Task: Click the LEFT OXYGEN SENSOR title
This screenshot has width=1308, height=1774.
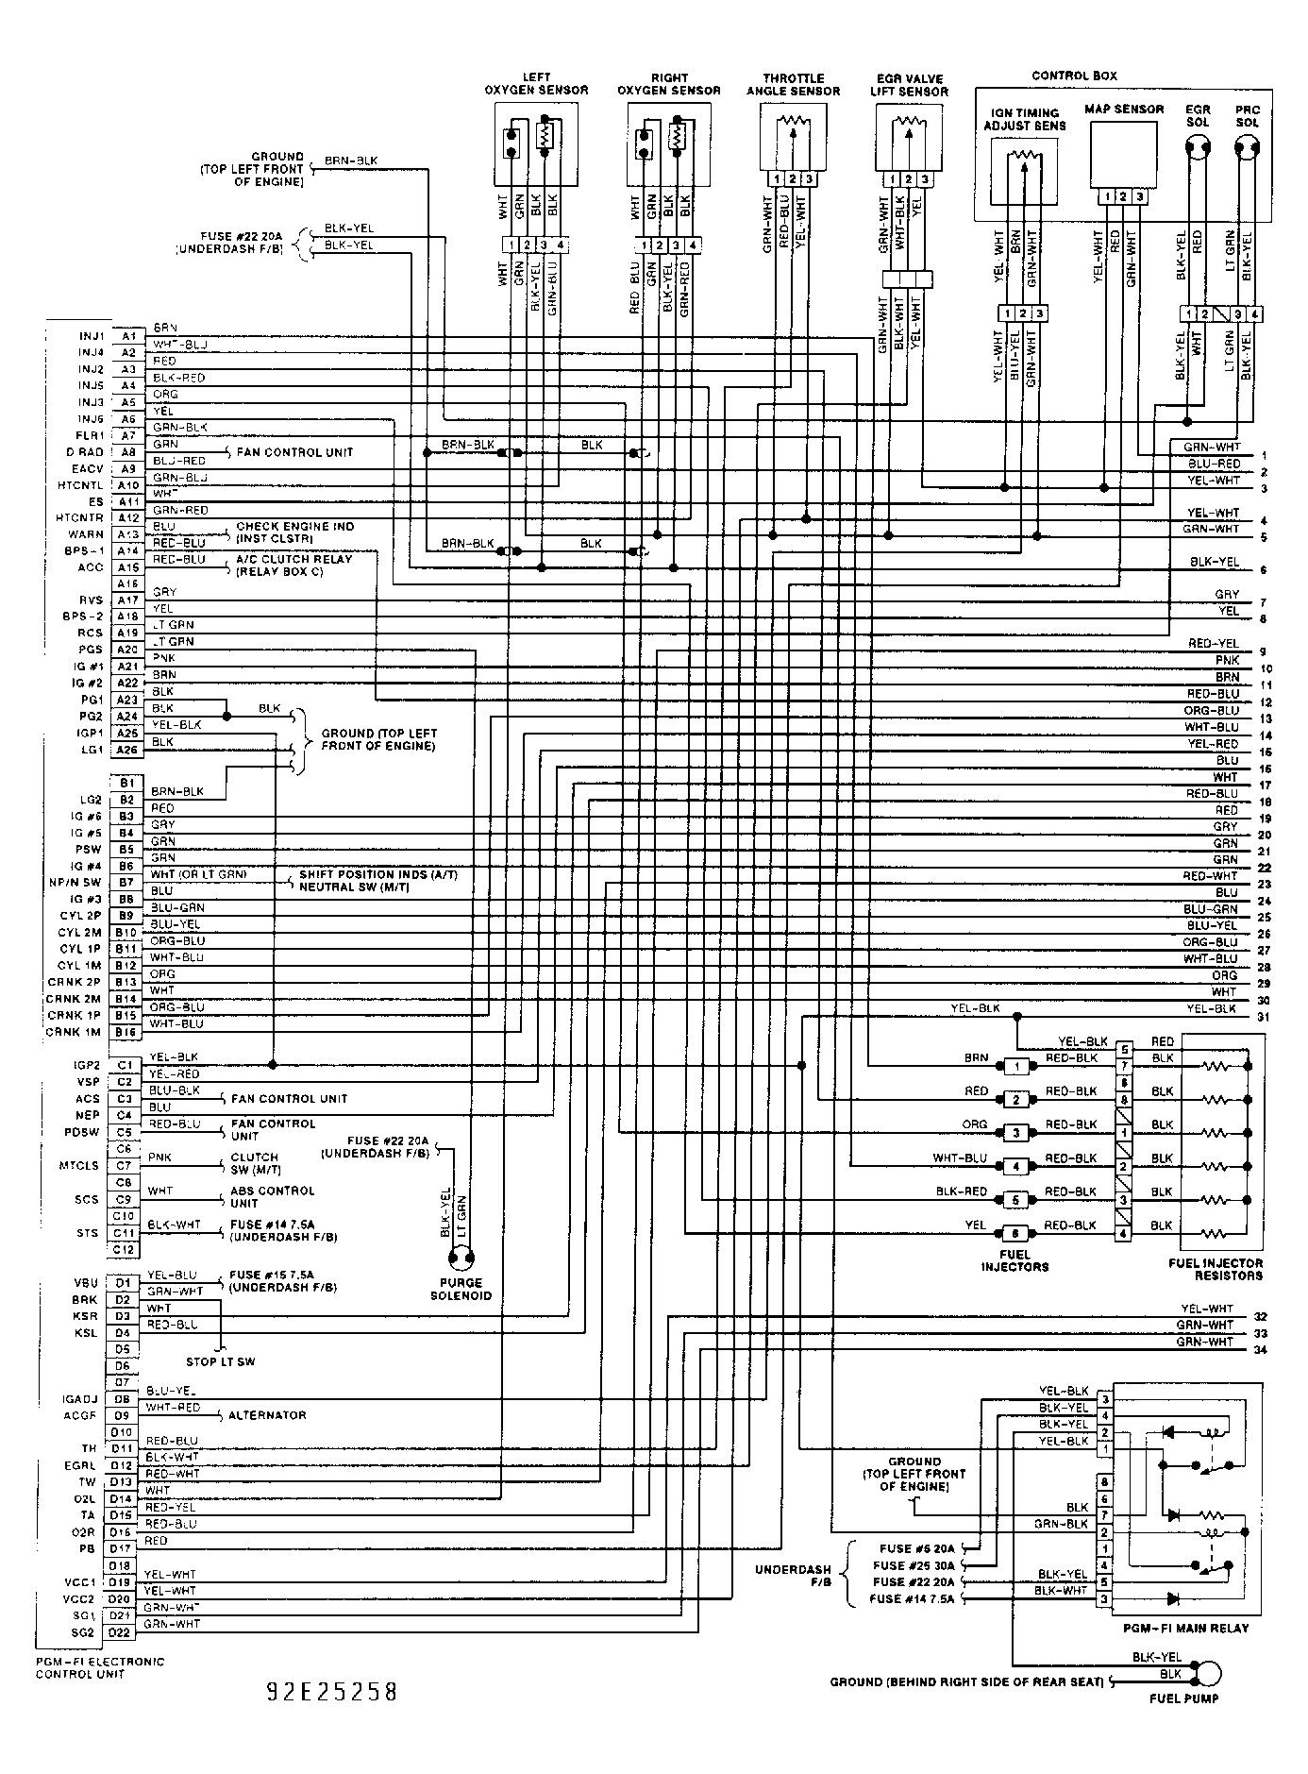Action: click(x=535, y=84)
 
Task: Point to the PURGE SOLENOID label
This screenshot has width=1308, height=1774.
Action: click(x=461, y=1289)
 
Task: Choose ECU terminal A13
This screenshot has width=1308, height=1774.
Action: click(x=126, y=534)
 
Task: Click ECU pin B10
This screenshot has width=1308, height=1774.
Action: click(x=126, y=932)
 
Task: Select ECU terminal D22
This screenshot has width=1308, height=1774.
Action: click(x=120, y=1632)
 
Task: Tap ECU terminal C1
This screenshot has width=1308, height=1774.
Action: click(x=125, y=1065)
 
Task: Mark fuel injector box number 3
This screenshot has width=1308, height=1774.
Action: click(x=1015, y=1132)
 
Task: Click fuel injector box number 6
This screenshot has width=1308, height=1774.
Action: click(x=1015, y=1233)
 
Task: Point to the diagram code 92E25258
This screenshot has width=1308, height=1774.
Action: click(x=332, y=1691)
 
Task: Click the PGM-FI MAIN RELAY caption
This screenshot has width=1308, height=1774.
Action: click(x=1185, y=1628)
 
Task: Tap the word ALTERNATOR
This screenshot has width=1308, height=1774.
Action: click(x=267, y=1415)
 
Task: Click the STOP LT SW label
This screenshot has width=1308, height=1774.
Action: click(x=221, y=1361)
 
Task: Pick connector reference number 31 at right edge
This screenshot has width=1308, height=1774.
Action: click(x=1264, y=1017)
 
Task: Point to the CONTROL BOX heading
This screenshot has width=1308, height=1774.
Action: click(x=1074, y=76)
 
